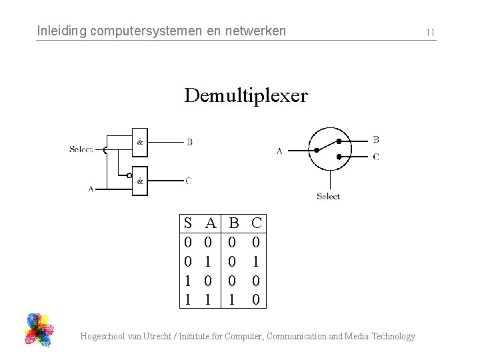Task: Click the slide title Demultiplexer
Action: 246,96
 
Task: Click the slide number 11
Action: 430,32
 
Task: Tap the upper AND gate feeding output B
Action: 140,141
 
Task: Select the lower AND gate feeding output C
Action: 140,181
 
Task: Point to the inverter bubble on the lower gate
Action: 129,175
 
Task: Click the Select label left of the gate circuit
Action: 81,149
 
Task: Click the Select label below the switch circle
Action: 328,196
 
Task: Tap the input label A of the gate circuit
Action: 91,189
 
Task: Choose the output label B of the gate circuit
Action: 189,142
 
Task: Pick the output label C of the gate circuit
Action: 189,181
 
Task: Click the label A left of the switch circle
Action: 279,151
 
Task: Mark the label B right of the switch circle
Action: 376,139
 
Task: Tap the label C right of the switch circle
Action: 376,157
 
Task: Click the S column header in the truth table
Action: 188,223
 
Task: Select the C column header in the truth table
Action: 257,223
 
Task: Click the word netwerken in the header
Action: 257,31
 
